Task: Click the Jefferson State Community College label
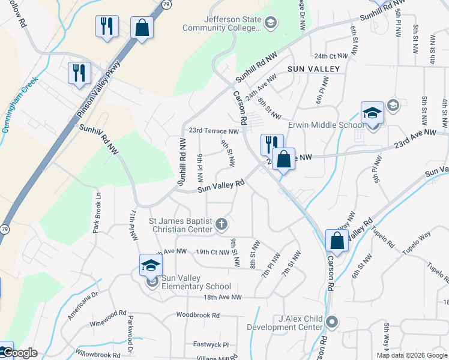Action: (x=234, y=23)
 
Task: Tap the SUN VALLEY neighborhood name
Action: (x=313, y=70)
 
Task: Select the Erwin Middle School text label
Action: (x=325, y=125)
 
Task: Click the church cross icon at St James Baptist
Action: (x=221, y=224)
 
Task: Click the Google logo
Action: (x=20, y=353)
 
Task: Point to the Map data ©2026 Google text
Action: (x=412, y=355)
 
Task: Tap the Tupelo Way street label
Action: (x=417, y=235)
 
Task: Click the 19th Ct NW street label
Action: (x=212, y=252)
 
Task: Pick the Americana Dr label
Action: (x=82, y=306)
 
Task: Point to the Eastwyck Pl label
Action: (x=211, y=345)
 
